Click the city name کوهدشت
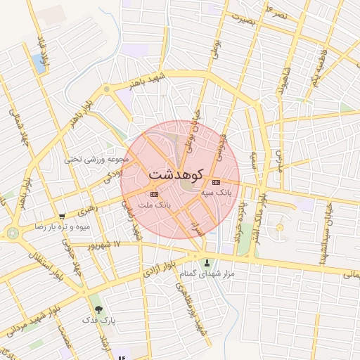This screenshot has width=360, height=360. (x=176, y=173)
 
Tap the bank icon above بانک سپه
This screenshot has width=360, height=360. (x=215, y=182)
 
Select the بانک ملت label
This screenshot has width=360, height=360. (x=155, y=204)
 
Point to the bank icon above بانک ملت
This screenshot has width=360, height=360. (x=154, y=194)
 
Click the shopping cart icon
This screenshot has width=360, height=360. (x=63, y=217)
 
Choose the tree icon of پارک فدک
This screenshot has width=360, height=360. (x=98, y=309)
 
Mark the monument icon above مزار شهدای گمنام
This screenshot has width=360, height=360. (x=206, y=263)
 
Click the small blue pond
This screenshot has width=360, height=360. (x=38, y=63)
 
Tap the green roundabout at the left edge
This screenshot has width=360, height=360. (x=13, y=233)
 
